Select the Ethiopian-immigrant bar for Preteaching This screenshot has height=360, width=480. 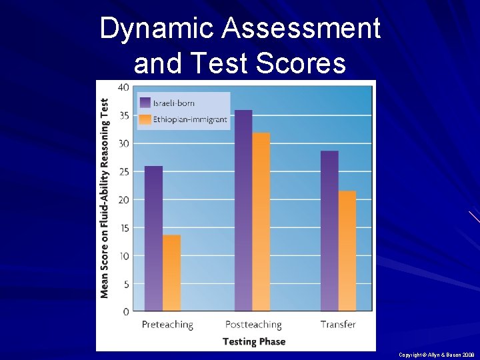coord(172,273)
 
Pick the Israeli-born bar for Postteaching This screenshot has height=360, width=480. coord(243,210)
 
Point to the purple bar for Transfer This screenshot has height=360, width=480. coord(329,231)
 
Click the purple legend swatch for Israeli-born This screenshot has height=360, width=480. coord(145,103)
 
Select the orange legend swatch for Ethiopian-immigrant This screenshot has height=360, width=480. coord(145,120)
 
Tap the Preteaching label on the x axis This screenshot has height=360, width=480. coord(167,325)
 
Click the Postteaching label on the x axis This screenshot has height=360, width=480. coord(253,325)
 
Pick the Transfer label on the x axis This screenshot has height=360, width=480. coord(338,325)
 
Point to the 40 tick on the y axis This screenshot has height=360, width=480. coord(123,87)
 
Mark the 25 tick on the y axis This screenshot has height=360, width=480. coord(123,171)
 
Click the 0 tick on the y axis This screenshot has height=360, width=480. coord(126,311)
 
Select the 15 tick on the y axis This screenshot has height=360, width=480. coord(123,227)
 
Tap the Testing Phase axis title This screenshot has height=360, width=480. coord(253,341)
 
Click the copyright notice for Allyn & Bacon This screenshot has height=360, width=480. coord(435,355)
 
